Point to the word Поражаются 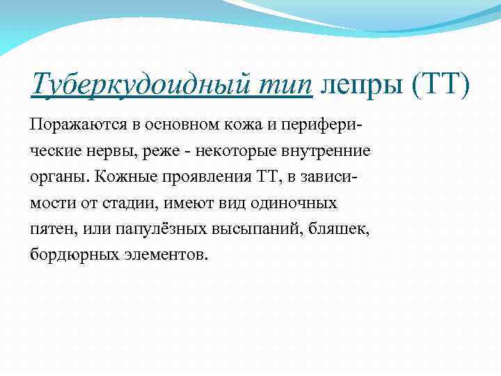click(x=74, y=125)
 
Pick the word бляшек click(x=345, y=230)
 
